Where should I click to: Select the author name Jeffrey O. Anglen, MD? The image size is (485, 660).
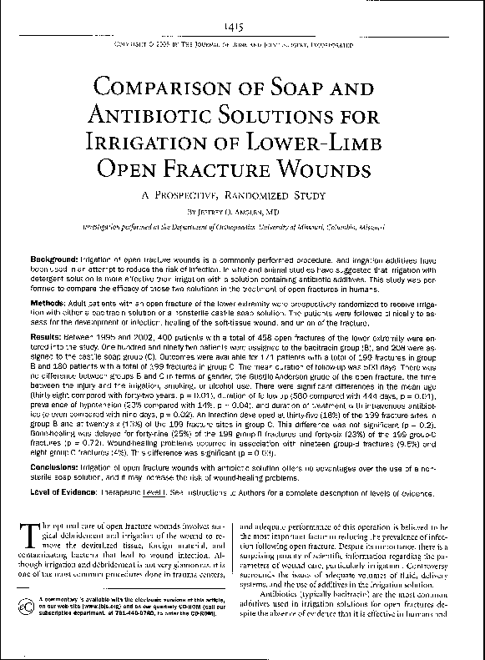click(x=243, y=212)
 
